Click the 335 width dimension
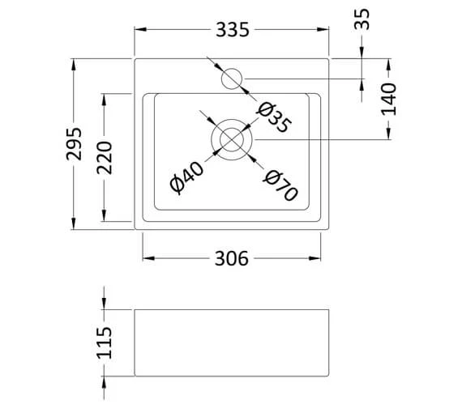point(233,30)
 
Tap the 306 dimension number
point(232,259)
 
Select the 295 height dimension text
point(74,144)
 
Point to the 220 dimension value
point(105,158)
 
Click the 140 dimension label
point(388,100)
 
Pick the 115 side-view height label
point(105,342)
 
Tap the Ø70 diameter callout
point(280,185)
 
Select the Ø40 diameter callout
point(186,177)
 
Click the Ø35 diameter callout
point(274,117)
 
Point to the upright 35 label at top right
point(361,19)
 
